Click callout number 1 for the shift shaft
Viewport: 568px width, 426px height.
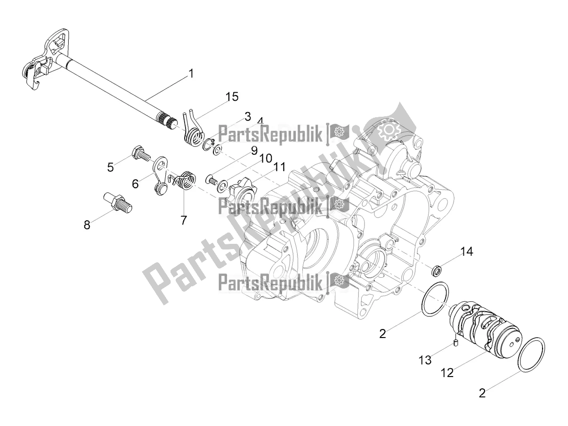point(191,74)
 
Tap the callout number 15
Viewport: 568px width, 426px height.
point(232,97)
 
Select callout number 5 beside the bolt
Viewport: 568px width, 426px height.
point(110,167)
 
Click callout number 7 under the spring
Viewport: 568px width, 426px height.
point(183,219)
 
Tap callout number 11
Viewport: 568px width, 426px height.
point(280,167)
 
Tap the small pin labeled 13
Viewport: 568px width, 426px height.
point(455,343)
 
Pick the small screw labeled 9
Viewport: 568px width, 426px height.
point(210,179)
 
